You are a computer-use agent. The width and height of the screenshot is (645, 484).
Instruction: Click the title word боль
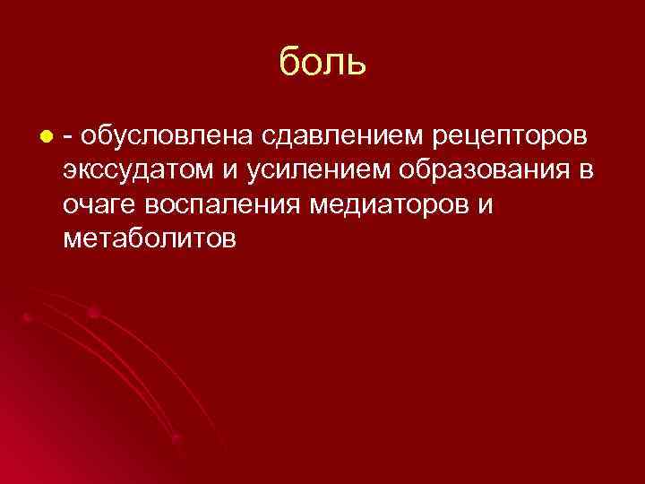click(322, 63)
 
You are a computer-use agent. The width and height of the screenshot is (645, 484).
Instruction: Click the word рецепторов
click(511, 138)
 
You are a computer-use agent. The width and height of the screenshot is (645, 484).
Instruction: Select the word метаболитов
click(150, 238)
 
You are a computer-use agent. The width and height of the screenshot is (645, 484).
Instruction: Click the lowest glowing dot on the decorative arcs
click(176, 438)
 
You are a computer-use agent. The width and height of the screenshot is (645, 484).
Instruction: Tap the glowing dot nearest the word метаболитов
click(92, 310)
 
